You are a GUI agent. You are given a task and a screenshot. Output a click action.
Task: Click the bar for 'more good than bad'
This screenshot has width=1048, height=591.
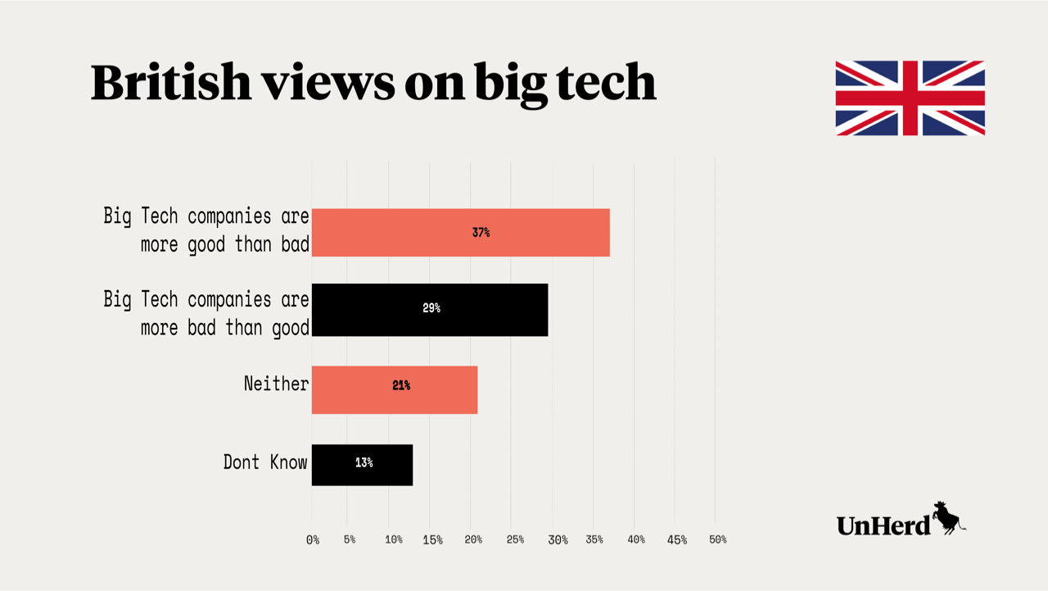point(460,233)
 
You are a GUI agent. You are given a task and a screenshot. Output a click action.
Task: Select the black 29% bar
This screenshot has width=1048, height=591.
point(430,309)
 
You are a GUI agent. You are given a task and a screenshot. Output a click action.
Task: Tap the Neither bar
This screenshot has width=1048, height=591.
point(394,389)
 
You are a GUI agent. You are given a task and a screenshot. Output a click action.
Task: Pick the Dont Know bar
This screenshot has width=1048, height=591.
point(362,465)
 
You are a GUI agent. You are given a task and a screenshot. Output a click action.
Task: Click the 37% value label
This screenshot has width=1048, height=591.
point(481,233)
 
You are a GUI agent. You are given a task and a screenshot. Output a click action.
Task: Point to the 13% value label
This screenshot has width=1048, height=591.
point(364,463)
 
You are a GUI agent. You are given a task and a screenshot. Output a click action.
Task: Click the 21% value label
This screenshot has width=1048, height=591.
point(401,385)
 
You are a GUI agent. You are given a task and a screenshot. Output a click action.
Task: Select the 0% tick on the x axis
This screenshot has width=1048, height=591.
point(313,539)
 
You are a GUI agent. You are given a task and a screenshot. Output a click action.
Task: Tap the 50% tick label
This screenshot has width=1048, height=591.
point(717,539)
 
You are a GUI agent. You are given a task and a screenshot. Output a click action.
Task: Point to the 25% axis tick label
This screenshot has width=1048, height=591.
point(515,539)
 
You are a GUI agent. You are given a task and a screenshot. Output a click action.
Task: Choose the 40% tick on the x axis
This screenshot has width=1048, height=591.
point(636,539)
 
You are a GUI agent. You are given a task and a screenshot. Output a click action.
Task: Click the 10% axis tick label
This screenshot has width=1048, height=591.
point(394,539)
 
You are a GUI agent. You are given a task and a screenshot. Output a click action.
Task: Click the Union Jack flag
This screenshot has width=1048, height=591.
point(910,98)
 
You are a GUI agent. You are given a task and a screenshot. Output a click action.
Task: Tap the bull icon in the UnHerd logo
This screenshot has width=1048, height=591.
point(948,518)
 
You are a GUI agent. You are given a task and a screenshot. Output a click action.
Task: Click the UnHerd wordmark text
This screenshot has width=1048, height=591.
point(883,525)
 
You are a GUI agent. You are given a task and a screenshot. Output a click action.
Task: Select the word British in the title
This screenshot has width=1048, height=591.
point(171,82)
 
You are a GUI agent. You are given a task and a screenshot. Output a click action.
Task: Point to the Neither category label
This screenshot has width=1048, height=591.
point(276,383)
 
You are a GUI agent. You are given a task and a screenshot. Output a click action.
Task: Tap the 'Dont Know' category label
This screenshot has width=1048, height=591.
point(265,462)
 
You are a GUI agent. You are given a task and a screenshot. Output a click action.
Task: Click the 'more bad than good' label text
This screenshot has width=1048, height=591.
point(224,328)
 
